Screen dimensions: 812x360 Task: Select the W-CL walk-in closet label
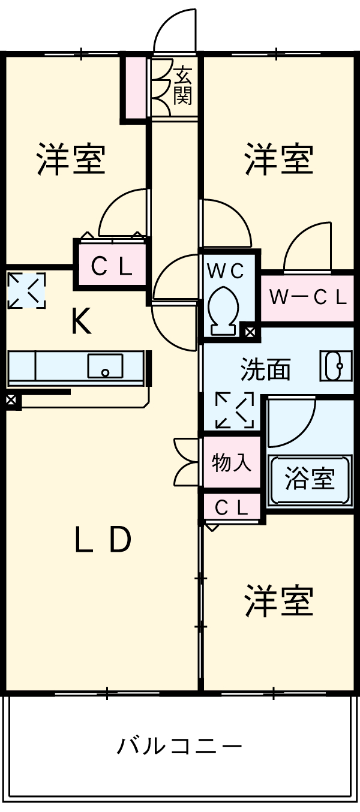click(307, 298)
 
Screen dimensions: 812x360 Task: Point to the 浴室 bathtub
click(310, 479)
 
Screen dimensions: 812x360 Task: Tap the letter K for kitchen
click(81, 323)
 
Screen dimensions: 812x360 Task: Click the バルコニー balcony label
click(179, 746)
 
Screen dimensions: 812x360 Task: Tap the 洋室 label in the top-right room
click(278, 159)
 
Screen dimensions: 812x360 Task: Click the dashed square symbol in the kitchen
click(26, 291)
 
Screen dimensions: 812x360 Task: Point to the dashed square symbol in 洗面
click(234, 410)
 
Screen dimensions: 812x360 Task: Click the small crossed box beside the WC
click(249, 330)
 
